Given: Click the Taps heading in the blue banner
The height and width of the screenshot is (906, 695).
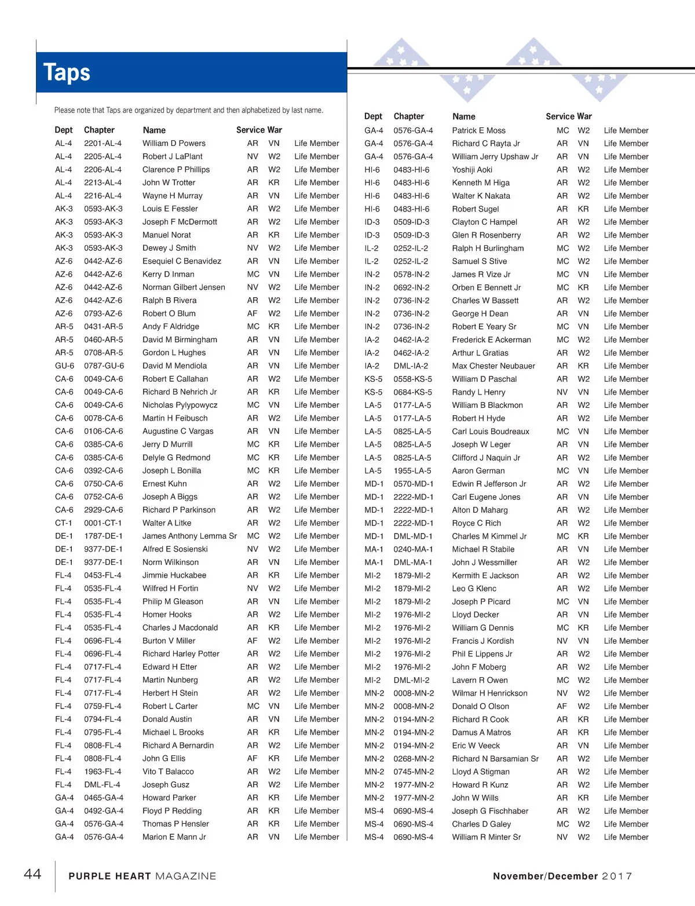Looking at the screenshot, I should coord(67,73).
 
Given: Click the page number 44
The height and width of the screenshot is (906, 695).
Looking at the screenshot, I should coord(32,874).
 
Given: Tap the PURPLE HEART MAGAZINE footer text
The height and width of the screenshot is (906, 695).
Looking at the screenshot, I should coord(142,876).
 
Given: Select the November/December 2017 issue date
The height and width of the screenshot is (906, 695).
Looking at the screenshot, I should coord(562,876).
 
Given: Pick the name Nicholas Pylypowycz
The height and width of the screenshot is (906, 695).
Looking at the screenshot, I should coord(180,405).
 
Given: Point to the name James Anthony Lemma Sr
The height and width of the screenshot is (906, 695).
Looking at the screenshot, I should coord(189,536).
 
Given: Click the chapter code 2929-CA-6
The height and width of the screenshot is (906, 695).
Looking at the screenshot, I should coord(104,510).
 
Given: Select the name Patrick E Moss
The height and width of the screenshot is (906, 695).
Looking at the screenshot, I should coord(478,130).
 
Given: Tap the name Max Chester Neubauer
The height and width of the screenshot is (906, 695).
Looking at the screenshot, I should coord(493,366).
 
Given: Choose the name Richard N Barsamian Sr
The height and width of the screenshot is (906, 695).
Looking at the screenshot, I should coord(495,759).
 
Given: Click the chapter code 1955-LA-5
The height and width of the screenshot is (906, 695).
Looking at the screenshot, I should coord(412,471).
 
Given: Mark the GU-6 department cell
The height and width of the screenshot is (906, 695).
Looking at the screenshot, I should coord(64,366).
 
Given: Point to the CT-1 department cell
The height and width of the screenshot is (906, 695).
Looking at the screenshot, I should coord(64,523).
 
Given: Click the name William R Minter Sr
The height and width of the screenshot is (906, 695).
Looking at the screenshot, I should coord(486,837).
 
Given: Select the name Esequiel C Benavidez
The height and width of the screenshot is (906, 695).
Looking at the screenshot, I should coord(182,261).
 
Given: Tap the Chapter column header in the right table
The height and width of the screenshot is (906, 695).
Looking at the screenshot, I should coord(409,116).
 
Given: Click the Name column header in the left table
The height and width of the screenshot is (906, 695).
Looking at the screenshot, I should coord(154,130).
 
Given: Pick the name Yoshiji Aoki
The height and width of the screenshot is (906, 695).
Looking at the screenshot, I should coord(472,170).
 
